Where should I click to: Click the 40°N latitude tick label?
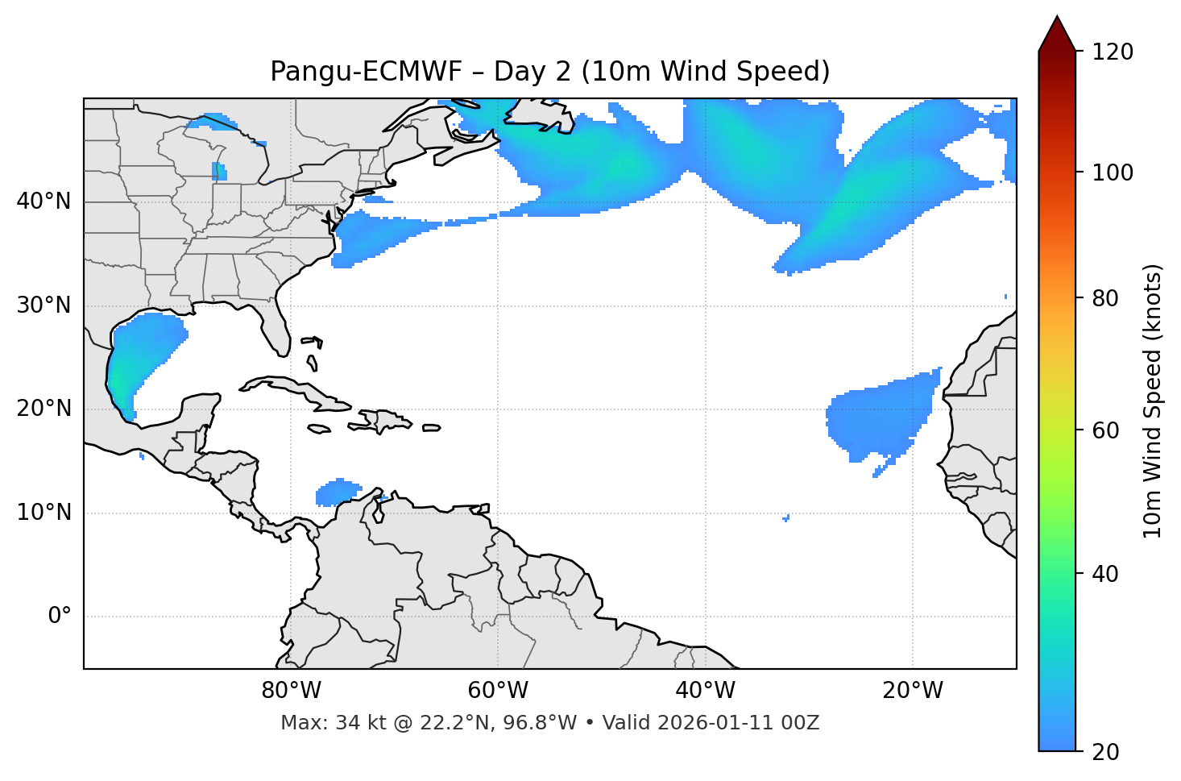pos(44,201)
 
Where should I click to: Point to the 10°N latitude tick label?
pos(44,513)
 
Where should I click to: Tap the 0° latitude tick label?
pos(59,617)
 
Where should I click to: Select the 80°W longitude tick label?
pos(291,691)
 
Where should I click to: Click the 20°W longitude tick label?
pos(913,691)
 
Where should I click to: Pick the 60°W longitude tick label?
pos(498,691)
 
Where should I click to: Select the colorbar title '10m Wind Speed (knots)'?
pos(1153,401)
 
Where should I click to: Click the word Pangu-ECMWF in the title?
pos(366,72)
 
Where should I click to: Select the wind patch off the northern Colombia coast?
pos(338,491)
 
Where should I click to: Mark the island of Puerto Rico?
pos(432,428)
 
